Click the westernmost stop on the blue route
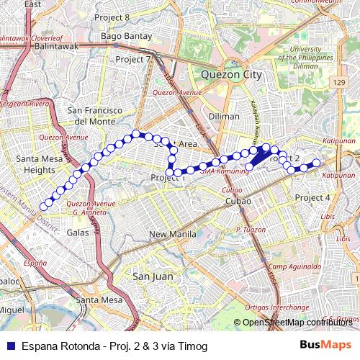tap(43, 206)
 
